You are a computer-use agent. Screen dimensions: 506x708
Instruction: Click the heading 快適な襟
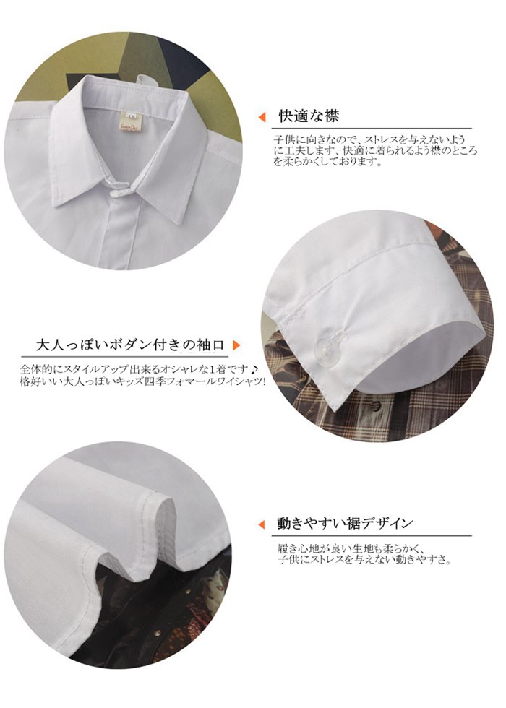[309, 116]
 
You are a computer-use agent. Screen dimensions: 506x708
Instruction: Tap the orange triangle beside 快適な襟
[262, 117]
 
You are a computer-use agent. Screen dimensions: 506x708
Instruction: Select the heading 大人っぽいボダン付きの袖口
[130, 345]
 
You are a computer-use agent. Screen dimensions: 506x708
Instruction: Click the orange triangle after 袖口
[236, 346]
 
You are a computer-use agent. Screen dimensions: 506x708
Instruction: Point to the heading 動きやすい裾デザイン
[346, 523]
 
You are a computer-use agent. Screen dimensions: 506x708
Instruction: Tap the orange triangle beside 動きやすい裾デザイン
[261, 524]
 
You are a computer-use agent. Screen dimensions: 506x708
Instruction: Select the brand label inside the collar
[131, 128]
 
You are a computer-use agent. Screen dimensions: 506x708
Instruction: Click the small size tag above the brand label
[132, 114]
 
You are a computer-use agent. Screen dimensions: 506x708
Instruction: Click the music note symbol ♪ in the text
[254, 369]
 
